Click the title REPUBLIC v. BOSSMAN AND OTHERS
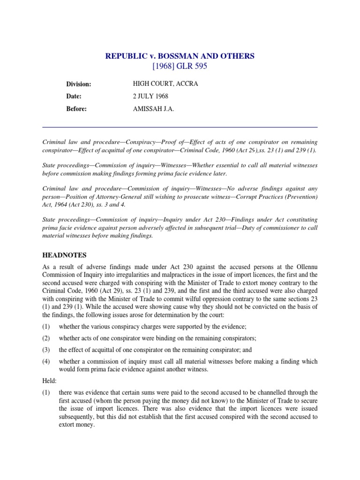pyautogui.click(x=180, y=56)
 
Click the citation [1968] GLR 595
pyautogui.click(x=180, y=66)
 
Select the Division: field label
pyautogui.click(x=78, y=84)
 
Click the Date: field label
pyautogui.click(x=74, y=96)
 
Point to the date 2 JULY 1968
pyautogui.click(x=150, y=96)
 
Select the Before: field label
pyautogui.click(x=76, y=108)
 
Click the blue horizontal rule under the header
pyautogui.click(x=180, y=127)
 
